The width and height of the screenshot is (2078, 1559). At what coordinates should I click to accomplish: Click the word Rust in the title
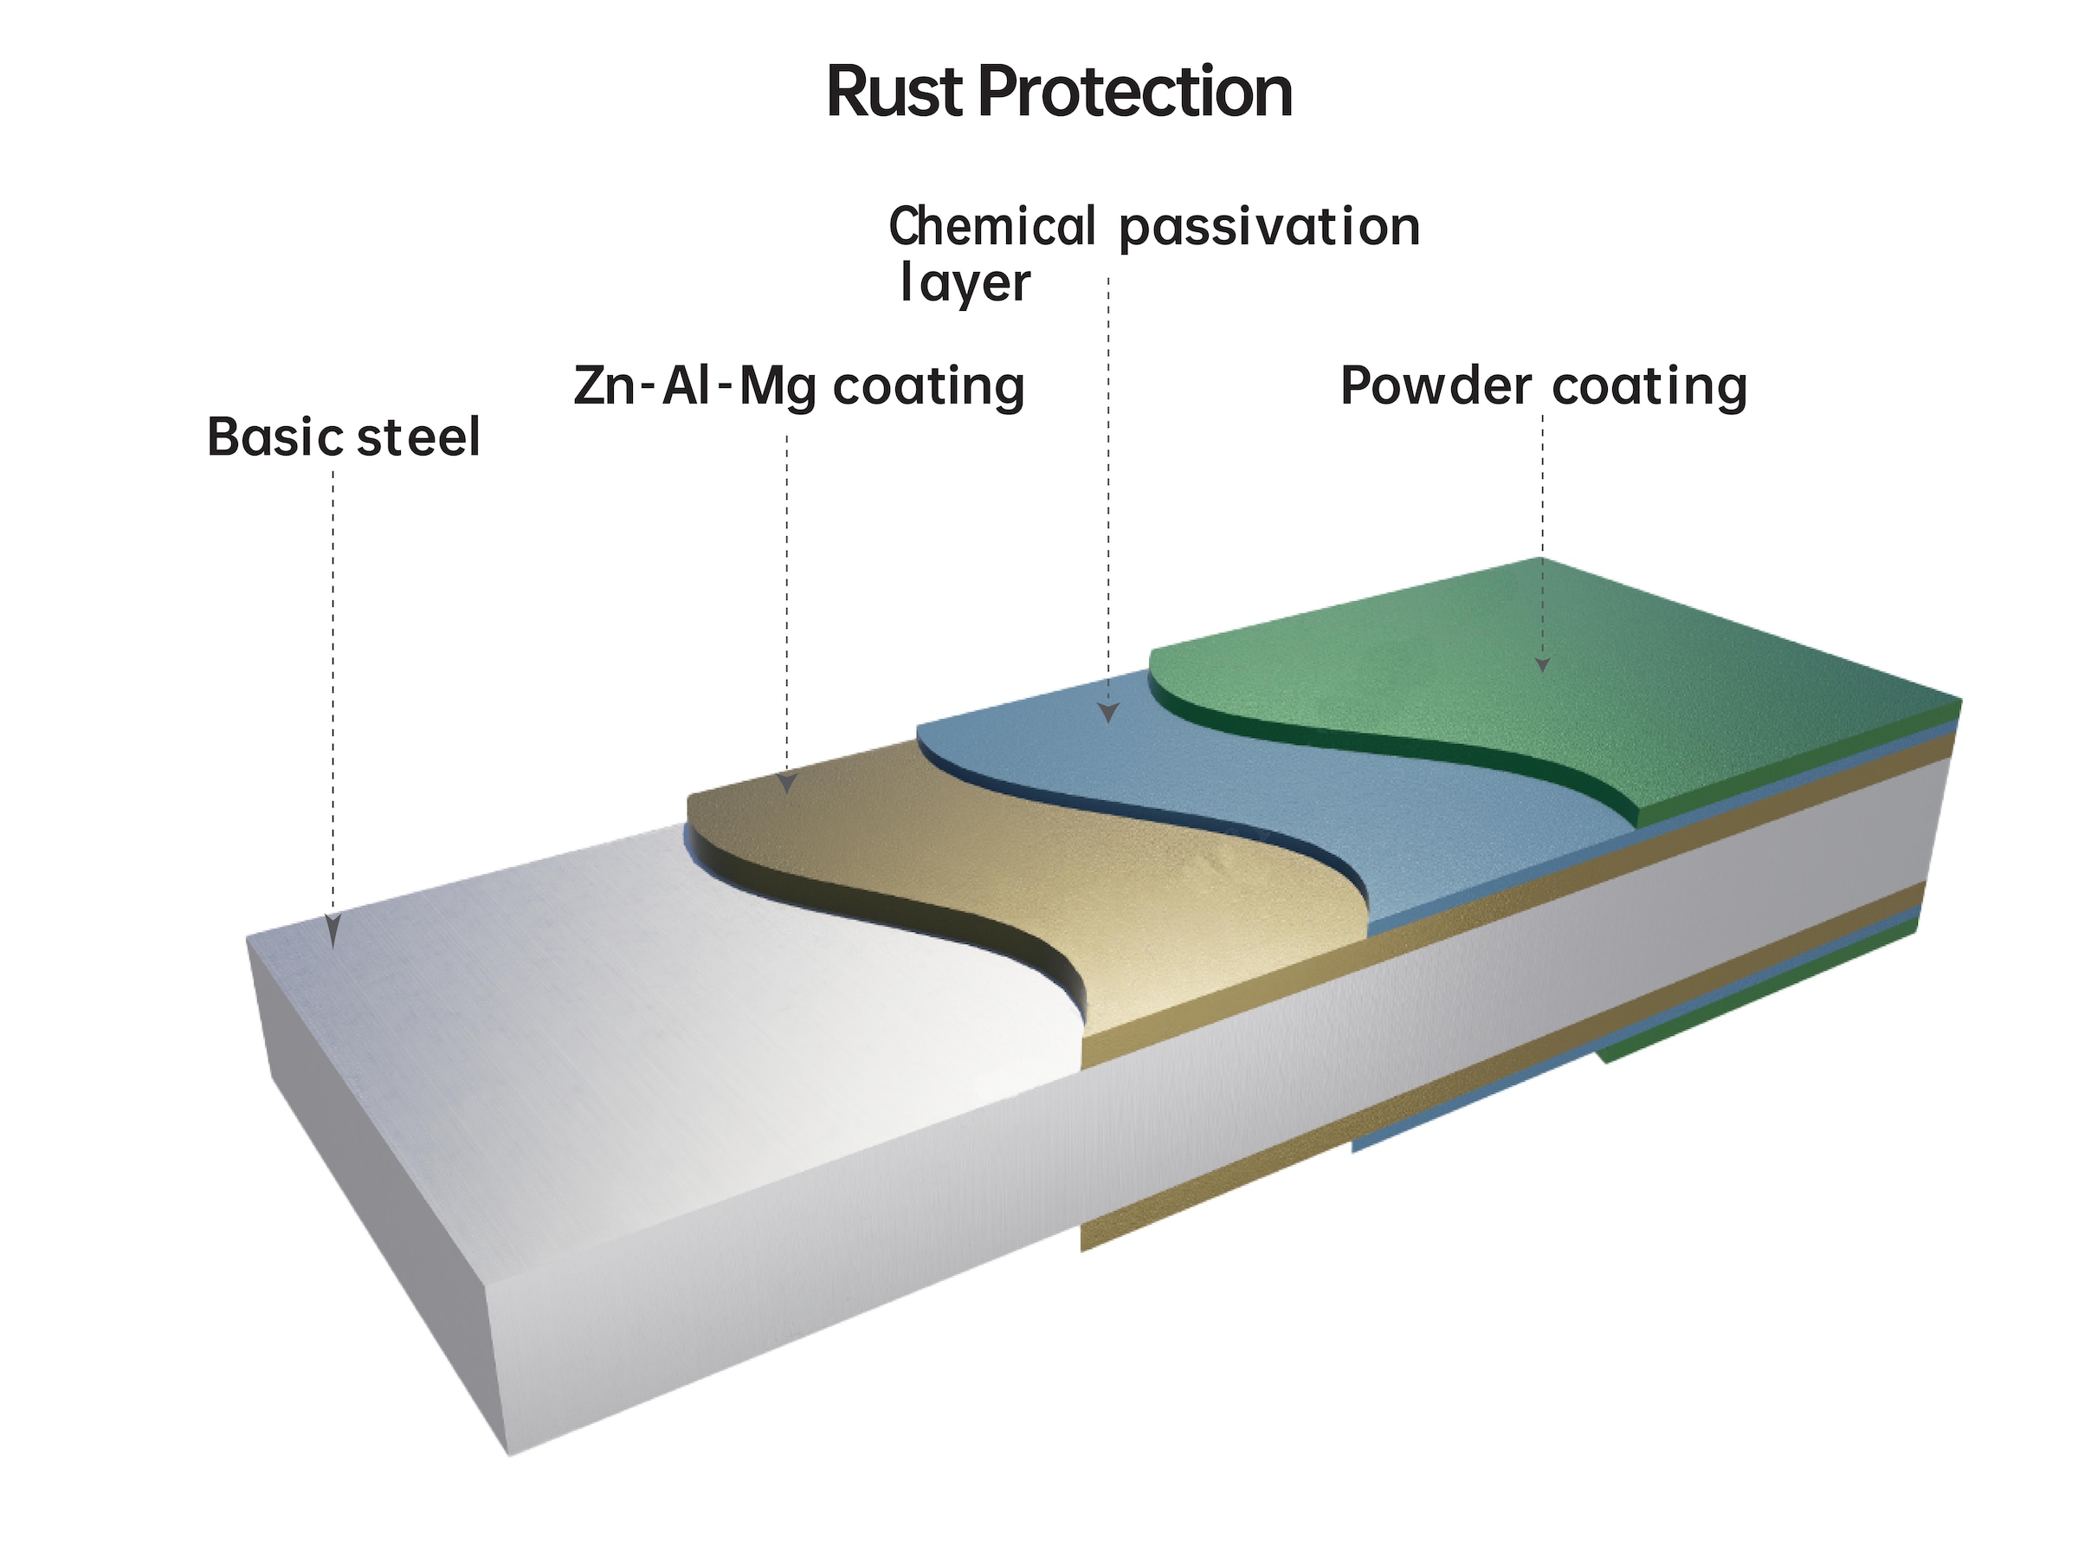point(894,92)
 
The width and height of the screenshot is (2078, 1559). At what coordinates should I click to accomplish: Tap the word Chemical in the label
point(991,228)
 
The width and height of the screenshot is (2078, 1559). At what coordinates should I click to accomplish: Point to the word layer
point(965,284)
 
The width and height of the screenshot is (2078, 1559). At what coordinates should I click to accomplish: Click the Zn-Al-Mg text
point(695,387)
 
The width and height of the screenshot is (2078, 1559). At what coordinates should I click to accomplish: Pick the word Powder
point(1436,386)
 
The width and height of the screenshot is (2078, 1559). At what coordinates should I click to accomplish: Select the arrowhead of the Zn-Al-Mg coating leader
point(787,783)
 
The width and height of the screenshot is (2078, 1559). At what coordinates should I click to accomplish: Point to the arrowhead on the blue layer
point(1108,712)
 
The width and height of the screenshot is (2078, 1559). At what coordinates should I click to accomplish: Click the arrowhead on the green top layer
point(1541,664)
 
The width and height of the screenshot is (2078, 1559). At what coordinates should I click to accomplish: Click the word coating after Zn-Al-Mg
point(928,387)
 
